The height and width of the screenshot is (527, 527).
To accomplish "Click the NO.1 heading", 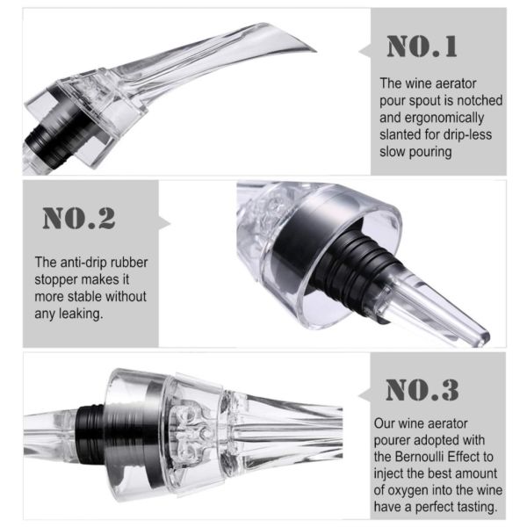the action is coord(422,47).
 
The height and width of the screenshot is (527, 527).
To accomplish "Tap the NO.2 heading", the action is coord(79,219).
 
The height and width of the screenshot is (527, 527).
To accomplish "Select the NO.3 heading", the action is coord(422,390).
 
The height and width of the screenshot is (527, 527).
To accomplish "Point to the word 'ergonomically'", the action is coord(444,118).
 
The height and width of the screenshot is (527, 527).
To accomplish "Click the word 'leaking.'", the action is coord(81,314).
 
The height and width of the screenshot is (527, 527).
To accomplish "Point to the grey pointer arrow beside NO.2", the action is coord(165,223).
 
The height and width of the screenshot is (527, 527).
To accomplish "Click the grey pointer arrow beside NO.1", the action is coord(365,51).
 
